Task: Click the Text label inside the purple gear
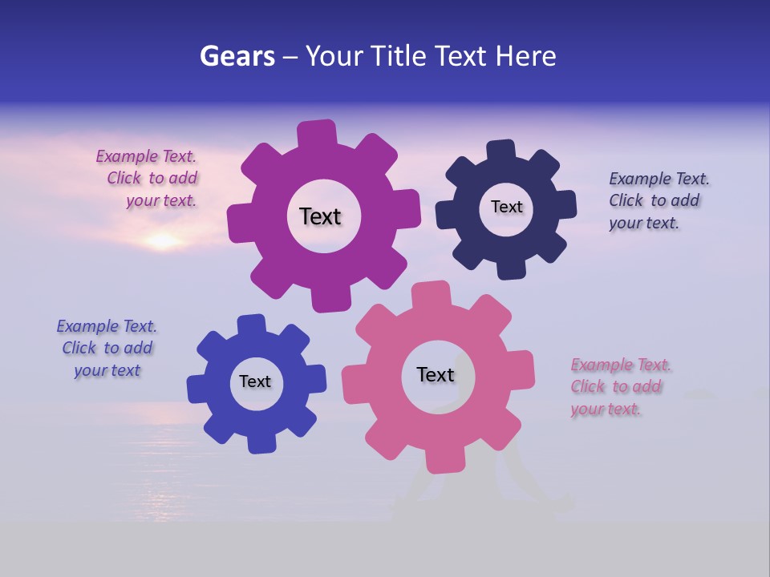tap(320, 216)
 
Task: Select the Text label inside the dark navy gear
tap(506, 207)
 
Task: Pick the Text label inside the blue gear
tap(255, 381)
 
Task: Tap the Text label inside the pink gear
tap(436, 374)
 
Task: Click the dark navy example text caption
tap(658, 201)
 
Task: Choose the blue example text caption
tap(107, 348)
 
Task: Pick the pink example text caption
tap(619, 386)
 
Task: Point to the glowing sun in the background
tap(163, 240)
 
